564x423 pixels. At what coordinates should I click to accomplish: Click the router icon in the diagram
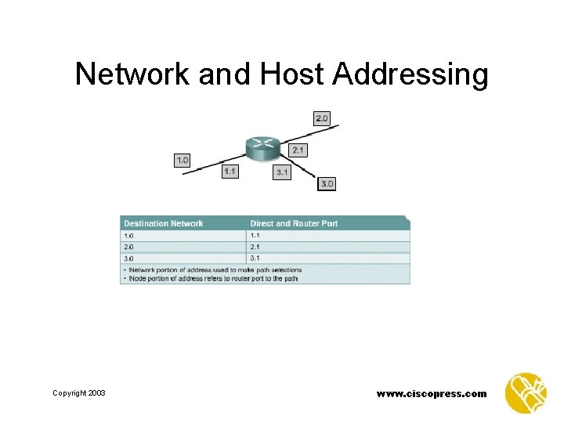261,146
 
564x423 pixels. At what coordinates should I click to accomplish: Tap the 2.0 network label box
322,118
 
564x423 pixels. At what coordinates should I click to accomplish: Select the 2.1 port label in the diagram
298,150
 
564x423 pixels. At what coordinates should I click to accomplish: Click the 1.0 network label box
182,160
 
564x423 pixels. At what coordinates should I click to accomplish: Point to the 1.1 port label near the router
230,171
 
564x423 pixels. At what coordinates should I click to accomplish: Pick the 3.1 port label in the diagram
282,172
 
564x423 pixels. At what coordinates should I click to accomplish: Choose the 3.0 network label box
327,184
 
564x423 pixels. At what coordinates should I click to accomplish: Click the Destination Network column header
163,223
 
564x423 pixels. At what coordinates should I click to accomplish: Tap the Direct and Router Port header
294,223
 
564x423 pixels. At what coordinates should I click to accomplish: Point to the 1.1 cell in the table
255,235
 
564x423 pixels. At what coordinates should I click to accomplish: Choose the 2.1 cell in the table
255,247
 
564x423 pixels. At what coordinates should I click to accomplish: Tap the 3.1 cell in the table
255,258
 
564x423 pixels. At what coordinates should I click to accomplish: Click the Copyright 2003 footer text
79,393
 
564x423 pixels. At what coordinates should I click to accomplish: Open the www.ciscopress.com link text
432,393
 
